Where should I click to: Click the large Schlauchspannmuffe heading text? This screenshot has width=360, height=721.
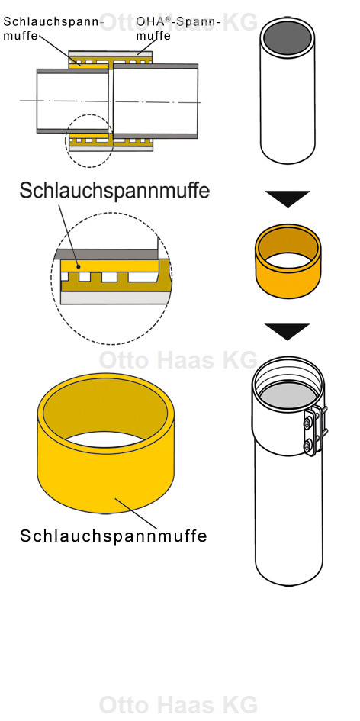(114, 191)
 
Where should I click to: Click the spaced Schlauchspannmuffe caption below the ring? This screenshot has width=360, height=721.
(114, 536)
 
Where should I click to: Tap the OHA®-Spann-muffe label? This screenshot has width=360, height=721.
(178, 28)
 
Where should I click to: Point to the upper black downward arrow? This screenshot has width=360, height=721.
(288, 198)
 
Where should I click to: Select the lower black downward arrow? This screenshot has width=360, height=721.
(288, 332)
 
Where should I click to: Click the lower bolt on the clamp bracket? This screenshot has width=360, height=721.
(307, 445)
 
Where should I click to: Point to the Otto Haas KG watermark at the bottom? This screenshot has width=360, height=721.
(178, 704)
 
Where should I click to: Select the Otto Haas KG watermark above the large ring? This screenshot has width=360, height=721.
(178, 360)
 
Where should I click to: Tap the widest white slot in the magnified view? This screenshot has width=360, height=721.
(143, 277)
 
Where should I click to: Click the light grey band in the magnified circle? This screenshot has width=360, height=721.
(115, 298)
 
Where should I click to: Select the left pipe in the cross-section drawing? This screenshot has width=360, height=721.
(72, 101)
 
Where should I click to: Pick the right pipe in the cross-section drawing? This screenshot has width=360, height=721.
(156, 101)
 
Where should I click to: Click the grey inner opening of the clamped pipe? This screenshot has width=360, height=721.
(288, 395)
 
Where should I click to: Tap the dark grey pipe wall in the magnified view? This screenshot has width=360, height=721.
(107, 254)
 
